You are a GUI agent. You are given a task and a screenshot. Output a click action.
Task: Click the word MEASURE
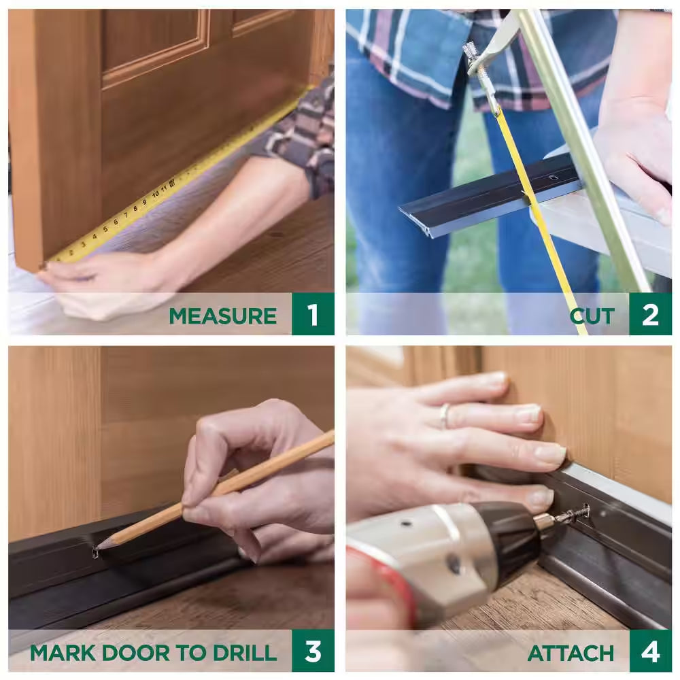[222, 316]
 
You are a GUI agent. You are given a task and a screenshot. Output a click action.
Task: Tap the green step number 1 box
[312, 314]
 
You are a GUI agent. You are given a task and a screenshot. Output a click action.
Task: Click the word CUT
[592, 316]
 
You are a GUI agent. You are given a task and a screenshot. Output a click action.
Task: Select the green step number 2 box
[650, 314]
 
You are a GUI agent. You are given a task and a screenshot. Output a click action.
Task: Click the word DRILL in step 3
[245, 653]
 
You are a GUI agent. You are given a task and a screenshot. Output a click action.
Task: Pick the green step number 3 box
[312, 651]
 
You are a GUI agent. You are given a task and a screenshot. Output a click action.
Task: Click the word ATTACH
[571, 653]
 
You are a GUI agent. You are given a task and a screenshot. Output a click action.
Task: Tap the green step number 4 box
[650, 651]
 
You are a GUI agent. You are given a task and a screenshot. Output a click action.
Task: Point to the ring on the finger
[444, 415]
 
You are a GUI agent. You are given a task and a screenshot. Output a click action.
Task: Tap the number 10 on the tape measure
[154, 194]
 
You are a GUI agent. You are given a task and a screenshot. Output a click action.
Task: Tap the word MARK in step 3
[63, 653]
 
